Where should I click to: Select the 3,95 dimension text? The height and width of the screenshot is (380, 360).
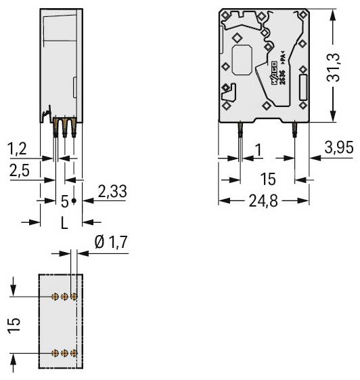[x=338, y=148]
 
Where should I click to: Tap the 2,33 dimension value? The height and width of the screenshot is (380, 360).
[x=112, y=191]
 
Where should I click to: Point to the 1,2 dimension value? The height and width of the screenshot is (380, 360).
[x=18, y=147]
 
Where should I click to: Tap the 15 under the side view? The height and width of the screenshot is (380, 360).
[x=269, y=180]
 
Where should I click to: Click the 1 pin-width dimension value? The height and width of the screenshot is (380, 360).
[x=258, y=148]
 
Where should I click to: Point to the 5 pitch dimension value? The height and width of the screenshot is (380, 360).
[x=64, y=201]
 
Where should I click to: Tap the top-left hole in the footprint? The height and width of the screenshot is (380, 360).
[x=55, y=297]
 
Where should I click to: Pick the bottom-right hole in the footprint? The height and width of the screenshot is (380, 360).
[x=74, y=353]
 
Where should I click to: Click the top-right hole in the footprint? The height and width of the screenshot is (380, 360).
[x=74, y=297]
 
